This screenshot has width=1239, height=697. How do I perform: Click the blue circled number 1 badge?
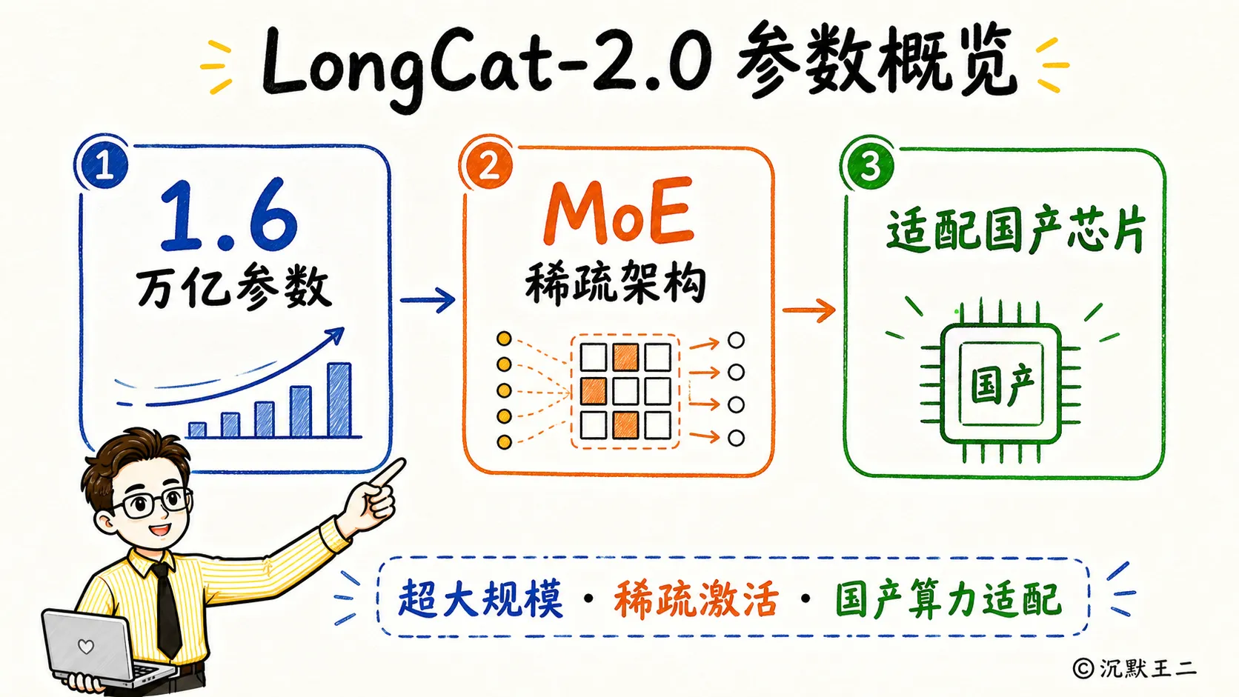(x=104, y=164)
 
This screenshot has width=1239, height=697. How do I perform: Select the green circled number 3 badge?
(x=869, y=165)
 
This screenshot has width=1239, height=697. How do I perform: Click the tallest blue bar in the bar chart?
(x=339, y=400)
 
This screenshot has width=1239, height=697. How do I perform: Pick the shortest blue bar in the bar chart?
(x=197, y=430)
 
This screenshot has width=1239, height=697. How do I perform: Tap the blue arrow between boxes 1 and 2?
(x=427, y=300)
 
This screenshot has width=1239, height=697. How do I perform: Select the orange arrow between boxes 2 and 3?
(x=808, y=310)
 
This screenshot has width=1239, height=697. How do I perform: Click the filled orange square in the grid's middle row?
(x=593, y=391)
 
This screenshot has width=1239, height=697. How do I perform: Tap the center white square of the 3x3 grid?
(x=625, y=391)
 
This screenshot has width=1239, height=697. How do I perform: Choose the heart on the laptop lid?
(x=86, y=646)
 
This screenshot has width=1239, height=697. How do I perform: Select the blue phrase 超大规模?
(x=481, y=598)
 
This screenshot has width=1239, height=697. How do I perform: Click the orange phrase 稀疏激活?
(x=697, y=598)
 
